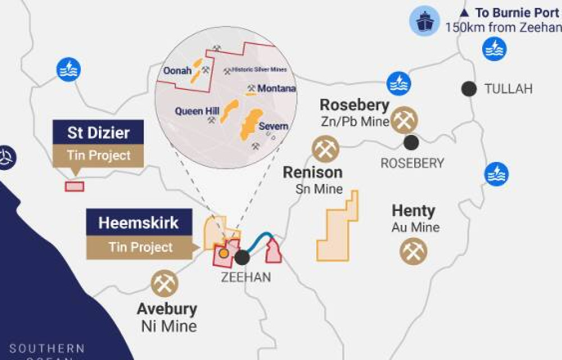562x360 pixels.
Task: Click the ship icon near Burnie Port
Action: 424,21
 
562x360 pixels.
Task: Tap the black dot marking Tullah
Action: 468,88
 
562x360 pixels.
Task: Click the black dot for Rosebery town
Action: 411,142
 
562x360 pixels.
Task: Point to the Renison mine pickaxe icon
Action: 324,148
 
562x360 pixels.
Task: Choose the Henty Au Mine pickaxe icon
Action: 413,251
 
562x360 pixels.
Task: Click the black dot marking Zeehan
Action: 242,257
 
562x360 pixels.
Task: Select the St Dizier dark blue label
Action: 98,133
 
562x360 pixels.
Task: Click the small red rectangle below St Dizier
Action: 74,186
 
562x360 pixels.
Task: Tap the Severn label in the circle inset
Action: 273,127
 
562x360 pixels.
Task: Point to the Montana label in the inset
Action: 277,89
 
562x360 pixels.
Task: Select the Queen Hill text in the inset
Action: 197,111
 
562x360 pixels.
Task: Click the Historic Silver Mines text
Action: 259,70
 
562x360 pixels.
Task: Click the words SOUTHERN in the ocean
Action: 47,349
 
